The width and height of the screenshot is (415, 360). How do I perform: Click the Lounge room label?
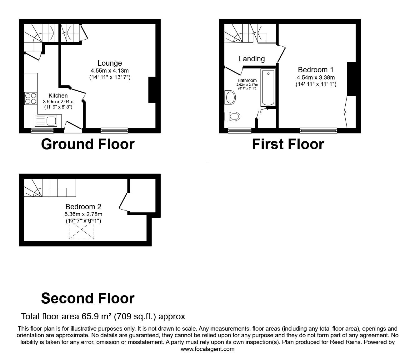[109, 63]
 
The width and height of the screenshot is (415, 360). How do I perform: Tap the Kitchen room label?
[58, 96]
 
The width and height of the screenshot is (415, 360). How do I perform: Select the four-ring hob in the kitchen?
[31, 99]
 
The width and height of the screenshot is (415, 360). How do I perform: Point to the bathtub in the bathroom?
[268, 88]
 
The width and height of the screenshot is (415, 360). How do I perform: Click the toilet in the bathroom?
[232, 116]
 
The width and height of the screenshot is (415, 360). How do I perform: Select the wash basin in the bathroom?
[230, 97]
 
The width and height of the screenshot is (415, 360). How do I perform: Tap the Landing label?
[252, 59]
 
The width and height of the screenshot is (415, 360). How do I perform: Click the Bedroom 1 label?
[316, 70]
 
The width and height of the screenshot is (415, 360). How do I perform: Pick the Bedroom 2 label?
[83, 207]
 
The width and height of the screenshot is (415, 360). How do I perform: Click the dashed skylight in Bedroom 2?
[82, 230]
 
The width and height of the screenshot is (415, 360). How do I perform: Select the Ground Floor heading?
[87, 144]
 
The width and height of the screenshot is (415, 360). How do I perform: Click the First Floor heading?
[288, 144]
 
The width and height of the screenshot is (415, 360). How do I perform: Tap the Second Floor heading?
[87, 298]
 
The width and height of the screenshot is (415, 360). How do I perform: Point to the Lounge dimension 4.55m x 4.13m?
[109, 70]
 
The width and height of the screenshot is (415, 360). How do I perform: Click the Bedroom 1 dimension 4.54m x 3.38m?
[316, 77]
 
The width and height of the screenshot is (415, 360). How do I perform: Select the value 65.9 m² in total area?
[97, 317]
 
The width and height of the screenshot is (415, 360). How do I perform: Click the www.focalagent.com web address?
[207, 349]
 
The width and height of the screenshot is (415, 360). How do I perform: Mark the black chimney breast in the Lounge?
[152, 90]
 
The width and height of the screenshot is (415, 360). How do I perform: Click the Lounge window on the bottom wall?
[114, 130]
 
